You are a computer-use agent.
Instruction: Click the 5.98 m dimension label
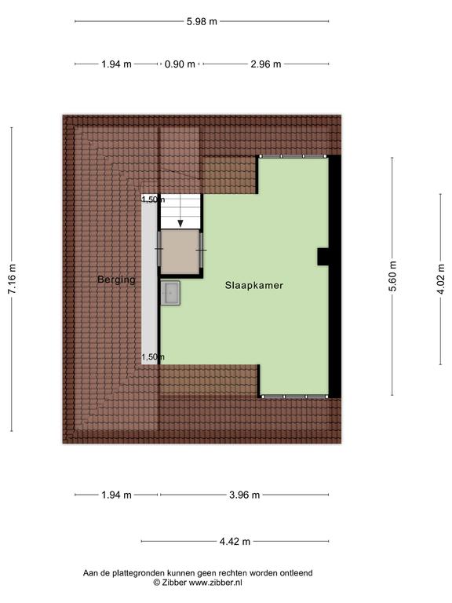point(202,21)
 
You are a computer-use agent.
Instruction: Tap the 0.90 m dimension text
point(180,64)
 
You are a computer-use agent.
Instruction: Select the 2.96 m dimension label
point(266,64)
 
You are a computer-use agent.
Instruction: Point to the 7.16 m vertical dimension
point(12,280)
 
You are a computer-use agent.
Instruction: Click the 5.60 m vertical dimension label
point(392,276)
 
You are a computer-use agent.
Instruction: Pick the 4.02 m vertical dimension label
point(440,280)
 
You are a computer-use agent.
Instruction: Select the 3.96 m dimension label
point(245,495)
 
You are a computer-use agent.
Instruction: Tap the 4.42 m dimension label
point(235,542)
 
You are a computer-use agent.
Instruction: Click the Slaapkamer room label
point(254,285)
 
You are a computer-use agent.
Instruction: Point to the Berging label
point(116,280)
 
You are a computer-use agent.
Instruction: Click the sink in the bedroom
point(170,293)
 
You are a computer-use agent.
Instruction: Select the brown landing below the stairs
point(180,252)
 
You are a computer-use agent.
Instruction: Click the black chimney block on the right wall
point(323,257)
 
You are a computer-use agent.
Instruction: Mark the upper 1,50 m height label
point(153,199)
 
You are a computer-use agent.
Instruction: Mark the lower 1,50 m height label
point(153,357)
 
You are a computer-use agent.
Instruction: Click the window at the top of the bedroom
point(293,156)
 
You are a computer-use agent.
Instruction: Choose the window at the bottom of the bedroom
point(294,397)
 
